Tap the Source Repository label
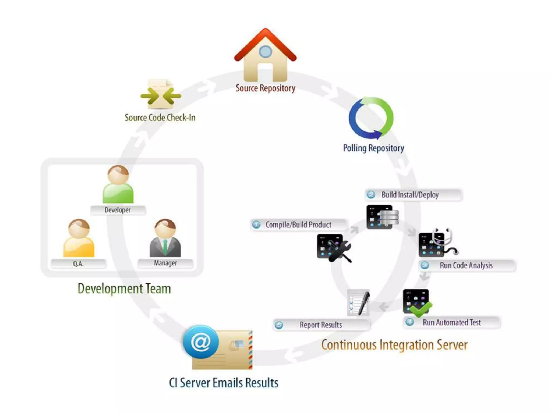coord(265,88)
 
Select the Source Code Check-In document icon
coord(161,94)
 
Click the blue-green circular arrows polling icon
coord(371,118)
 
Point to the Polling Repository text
coord(373,148)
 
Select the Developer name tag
coord(118,210)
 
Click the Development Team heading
coord(124,289)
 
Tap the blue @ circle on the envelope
coord(201,342)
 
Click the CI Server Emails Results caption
coord(224,383)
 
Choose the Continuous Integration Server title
coord(394,345)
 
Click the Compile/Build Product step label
coord(298,225)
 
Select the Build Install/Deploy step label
coord(410,195)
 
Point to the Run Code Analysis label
coord(466,265)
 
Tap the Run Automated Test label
coord(451,322)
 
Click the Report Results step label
coord(321,325)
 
